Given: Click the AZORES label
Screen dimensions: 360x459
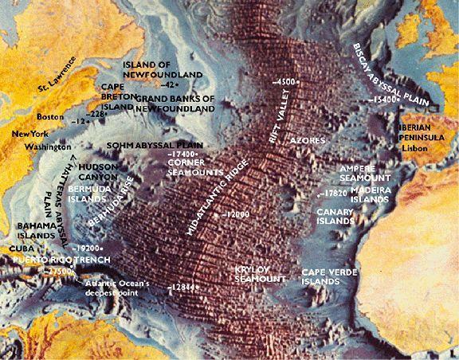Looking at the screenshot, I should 308,139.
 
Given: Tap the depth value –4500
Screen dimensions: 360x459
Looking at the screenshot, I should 283,82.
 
